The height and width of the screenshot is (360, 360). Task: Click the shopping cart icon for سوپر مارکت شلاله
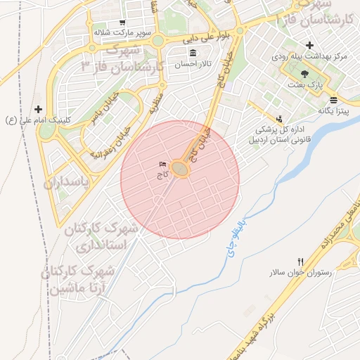coord(122,22)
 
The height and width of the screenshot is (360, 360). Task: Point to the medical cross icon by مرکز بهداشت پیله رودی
coord(309,46)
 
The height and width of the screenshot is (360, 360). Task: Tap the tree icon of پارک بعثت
coord(304,73)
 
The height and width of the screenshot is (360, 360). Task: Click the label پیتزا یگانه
coord(333,110)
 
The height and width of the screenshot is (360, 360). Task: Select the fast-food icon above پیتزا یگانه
coord(333,99)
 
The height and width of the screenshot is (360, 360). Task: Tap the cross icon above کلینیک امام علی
coord(38,109)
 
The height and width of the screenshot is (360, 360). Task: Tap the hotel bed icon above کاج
coord(163,165)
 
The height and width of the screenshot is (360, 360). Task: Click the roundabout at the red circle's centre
coord(181,169)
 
